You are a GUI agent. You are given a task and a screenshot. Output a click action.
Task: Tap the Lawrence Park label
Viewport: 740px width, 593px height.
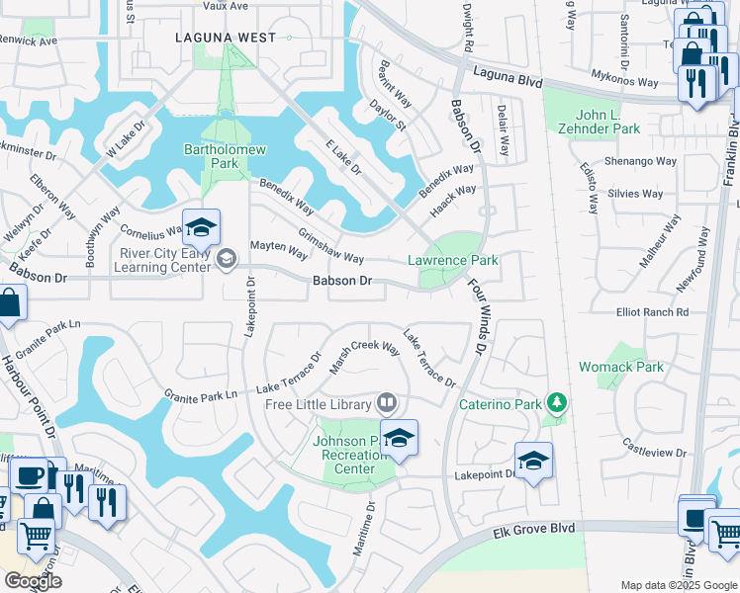click(453, 260)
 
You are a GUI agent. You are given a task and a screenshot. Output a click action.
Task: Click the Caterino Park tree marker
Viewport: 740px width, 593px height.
click(558, 402)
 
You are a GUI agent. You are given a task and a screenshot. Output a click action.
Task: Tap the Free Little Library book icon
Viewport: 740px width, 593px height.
click(387, 402)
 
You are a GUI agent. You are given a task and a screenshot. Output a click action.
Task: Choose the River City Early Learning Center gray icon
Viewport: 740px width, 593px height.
click(227, 259)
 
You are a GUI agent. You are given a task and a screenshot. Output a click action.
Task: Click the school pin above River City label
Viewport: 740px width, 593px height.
click(201, 228)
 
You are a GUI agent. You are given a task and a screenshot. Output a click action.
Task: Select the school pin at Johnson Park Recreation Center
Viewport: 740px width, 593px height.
click(399, 438)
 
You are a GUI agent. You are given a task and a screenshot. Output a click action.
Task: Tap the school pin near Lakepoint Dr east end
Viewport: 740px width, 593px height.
click(533, 461)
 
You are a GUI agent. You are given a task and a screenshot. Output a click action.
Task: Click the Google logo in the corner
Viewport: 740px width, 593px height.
click(32, 581)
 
